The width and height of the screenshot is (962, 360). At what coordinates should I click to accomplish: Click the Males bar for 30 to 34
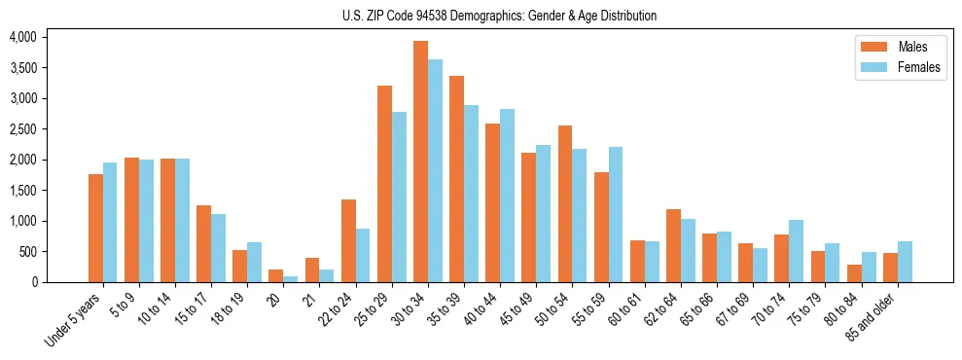[x=420, y=162]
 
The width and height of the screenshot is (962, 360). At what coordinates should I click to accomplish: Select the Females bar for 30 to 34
[x=435, y=171]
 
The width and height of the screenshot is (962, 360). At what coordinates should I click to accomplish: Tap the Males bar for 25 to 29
[x=384, y=184]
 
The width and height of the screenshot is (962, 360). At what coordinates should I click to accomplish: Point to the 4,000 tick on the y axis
[x=22, y=37]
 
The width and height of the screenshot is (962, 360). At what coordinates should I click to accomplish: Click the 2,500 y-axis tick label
[x=22, y=129]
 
